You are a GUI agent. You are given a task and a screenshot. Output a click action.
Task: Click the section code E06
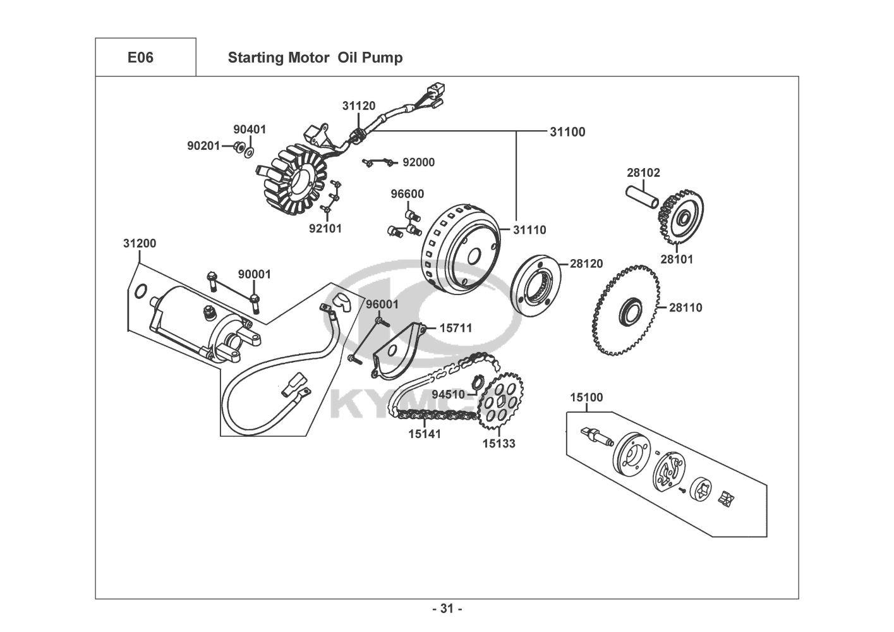point(140,58)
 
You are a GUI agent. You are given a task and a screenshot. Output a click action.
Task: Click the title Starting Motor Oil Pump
point(315,58)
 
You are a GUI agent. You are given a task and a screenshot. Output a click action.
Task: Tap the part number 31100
point(567,132)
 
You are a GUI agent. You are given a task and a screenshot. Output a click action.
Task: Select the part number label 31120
point(359,106)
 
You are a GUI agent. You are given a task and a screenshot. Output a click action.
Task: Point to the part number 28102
point(643,173)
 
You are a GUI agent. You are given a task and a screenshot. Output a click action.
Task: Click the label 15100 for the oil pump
point(586,398)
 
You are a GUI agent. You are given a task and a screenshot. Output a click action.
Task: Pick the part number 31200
point(139,243)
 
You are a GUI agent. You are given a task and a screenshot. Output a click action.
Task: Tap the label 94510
point(448,394)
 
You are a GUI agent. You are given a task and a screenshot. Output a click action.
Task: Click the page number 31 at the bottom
point(447,609)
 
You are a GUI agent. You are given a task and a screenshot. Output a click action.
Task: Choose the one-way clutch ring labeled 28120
point(541,288)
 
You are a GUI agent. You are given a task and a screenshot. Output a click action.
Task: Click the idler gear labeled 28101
point(682,219)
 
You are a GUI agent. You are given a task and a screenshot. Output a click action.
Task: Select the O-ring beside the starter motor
point(142,291)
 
